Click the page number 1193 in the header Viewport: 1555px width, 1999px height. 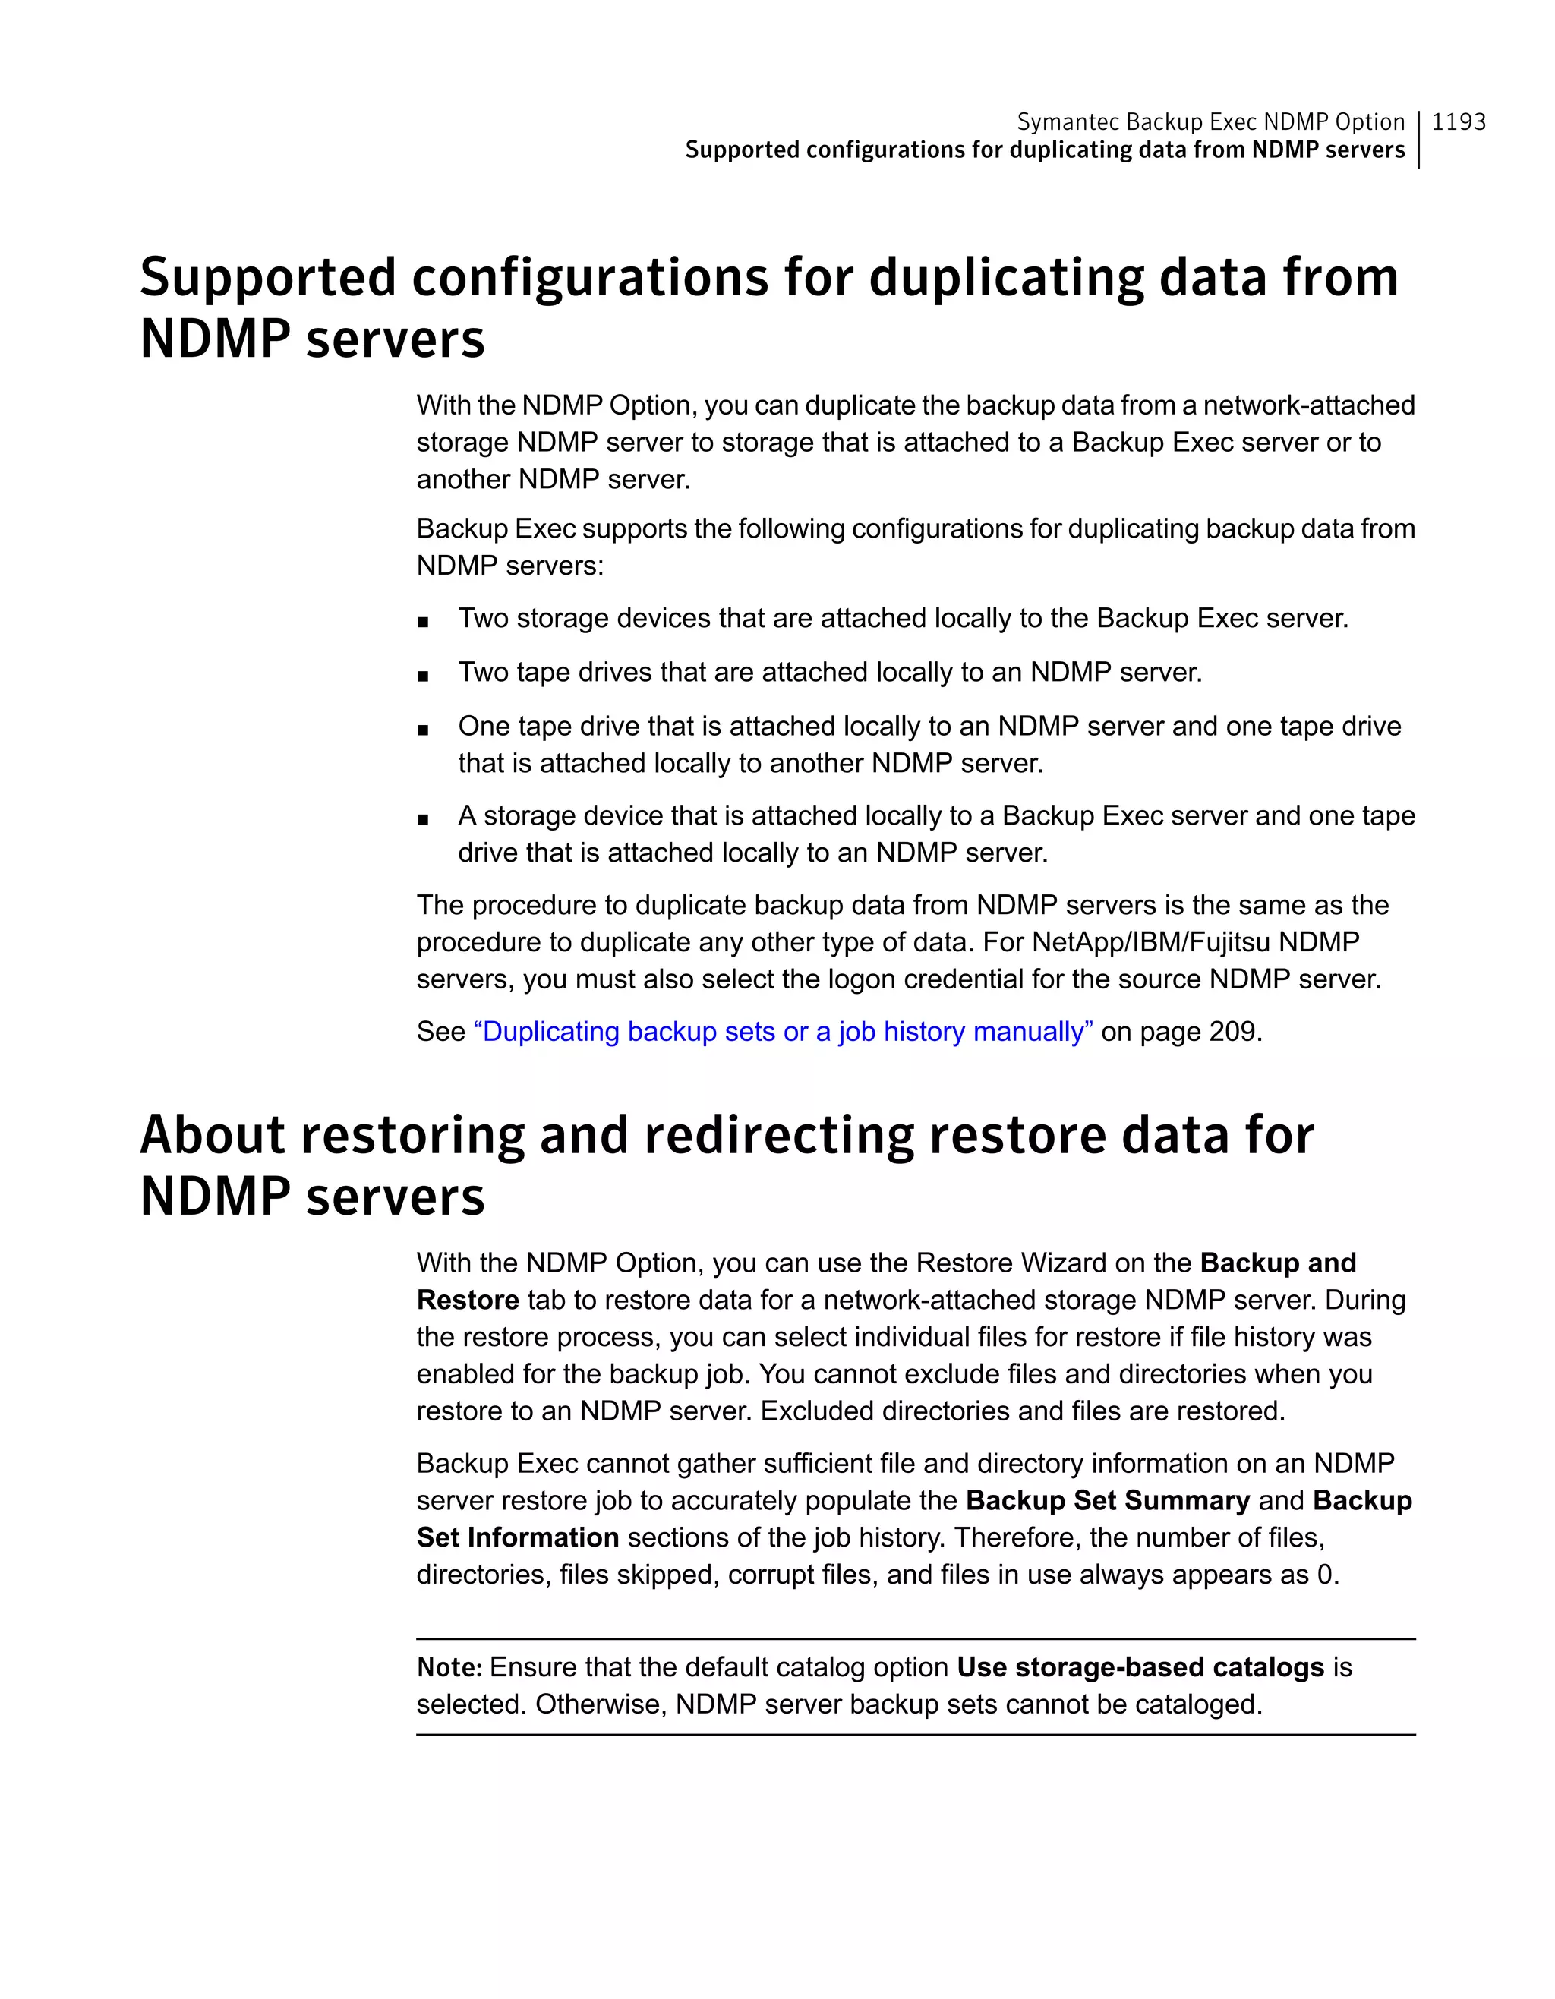pos(1458,121)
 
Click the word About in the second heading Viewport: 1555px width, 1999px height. pos(213,1135)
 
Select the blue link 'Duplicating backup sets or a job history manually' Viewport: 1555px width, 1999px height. pos(783,1032)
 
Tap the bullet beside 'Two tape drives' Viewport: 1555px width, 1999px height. pos(422,676)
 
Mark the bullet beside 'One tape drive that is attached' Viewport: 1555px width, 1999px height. pos(422,730)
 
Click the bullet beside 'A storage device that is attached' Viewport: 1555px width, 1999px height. pos(422,819)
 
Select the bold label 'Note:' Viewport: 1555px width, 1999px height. pos(449,1668)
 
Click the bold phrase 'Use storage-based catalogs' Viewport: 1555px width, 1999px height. pos(1140,1668)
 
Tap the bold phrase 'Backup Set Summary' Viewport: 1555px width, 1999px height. pos(1108,1501)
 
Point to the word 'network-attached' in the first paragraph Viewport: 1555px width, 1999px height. pos(1309,405)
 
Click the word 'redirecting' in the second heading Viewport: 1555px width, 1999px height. pos(779,1135)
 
